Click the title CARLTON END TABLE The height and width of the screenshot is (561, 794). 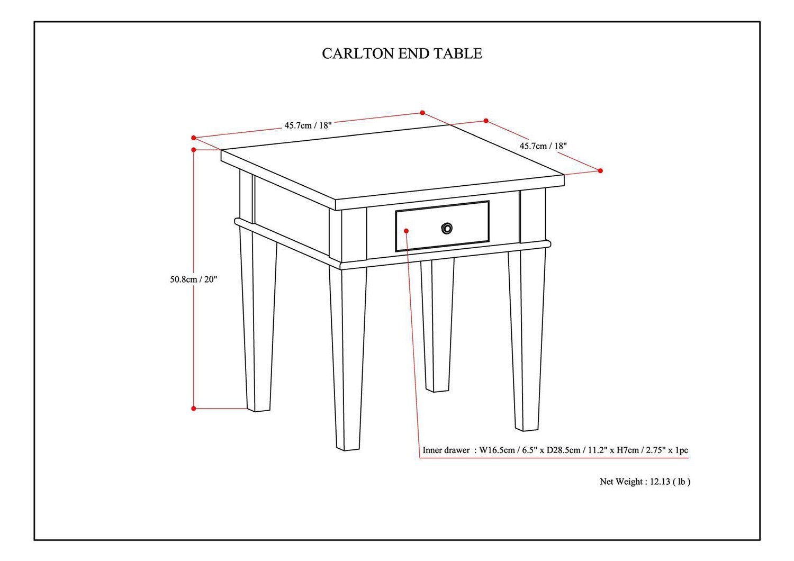coord(402,53)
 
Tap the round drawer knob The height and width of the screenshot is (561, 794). coord(447,229)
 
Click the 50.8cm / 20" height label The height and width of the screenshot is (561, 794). coord(193,279)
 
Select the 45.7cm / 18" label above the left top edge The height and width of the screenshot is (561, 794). coord(308,125)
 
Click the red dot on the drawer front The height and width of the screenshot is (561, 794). coord(407,231)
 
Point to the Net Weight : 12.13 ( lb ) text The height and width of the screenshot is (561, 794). coord(645,482)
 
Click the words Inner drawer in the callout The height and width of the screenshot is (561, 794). coord(446,450)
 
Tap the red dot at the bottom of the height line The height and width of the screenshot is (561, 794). coord(194,409)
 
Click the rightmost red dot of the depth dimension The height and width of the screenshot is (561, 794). coord(600,170)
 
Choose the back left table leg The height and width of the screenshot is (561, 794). coord(258,323)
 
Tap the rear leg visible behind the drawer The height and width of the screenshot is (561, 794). coord(437,328)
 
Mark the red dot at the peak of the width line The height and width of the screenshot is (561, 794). coord(422,112)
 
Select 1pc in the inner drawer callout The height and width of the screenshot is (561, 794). coord(681,450)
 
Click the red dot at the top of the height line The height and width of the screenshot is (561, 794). coord(194,150)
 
